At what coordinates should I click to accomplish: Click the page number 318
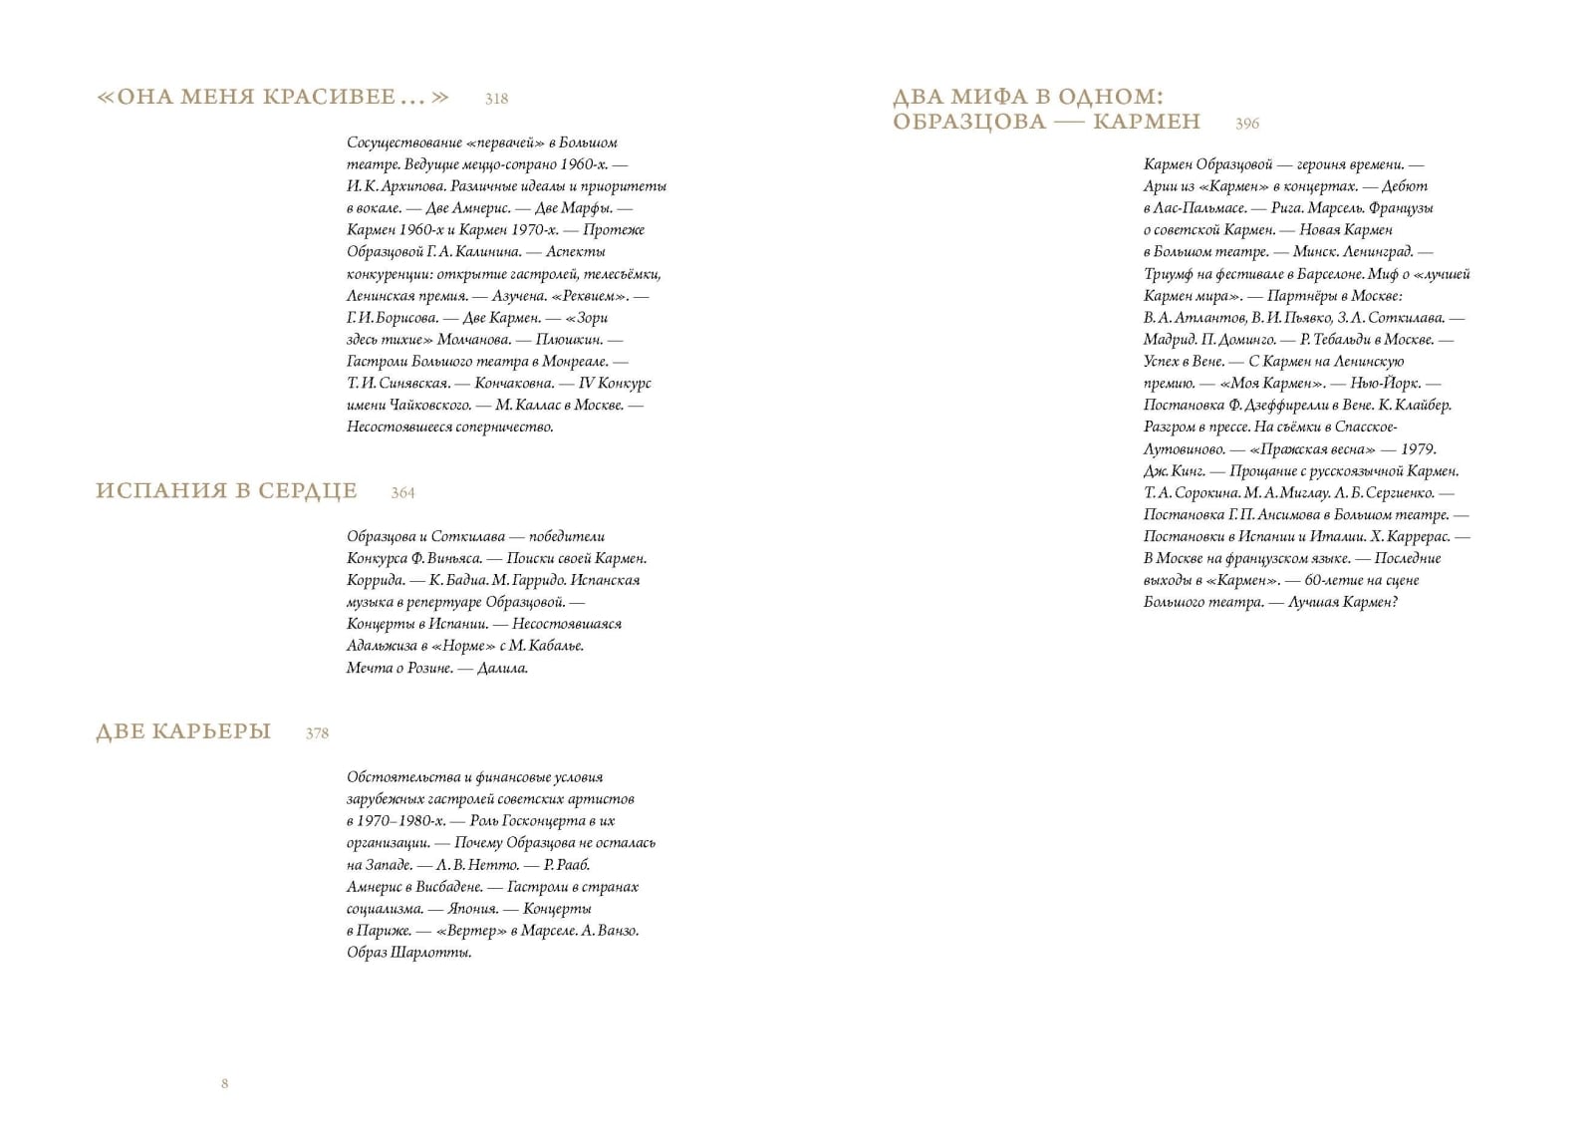pyautogui.click(x=496, y=99)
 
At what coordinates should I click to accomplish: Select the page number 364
pyautogui.click(x=402, y=493)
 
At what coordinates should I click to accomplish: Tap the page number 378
pyautogui.click(x=317, y=733)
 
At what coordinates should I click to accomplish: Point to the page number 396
pyautogui.click(x=1247, y=124)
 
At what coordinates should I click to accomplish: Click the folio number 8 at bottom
pyautogui.click(x=225, y=1083)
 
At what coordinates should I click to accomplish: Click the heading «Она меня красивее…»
pyautogui.click(x=273, y=97)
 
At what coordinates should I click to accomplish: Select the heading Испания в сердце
pyautogui.click(x=226, y=491)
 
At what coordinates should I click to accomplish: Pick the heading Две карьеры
pyautogui.click(x=183, y=731)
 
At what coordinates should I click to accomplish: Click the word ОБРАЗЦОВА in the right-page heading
pyautogui.click(x=968, y=122)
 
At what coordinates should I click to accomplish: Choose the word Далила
pyautogui.click(x=502, y=668)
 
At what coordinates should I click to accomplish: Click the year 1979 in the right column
pyautogui.click(x=1418, y=449)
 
